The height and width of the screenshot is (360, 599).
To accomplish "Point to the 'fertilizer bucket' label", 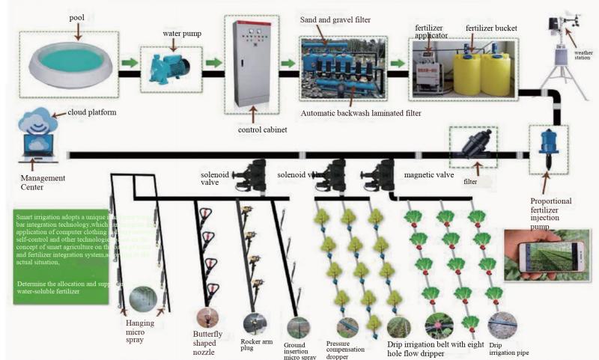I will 491,28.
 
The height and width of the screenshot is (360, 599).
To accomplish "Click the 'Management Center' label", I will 43,183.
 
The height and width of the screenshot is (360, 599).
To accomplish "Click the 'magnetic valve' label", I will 430,175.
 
